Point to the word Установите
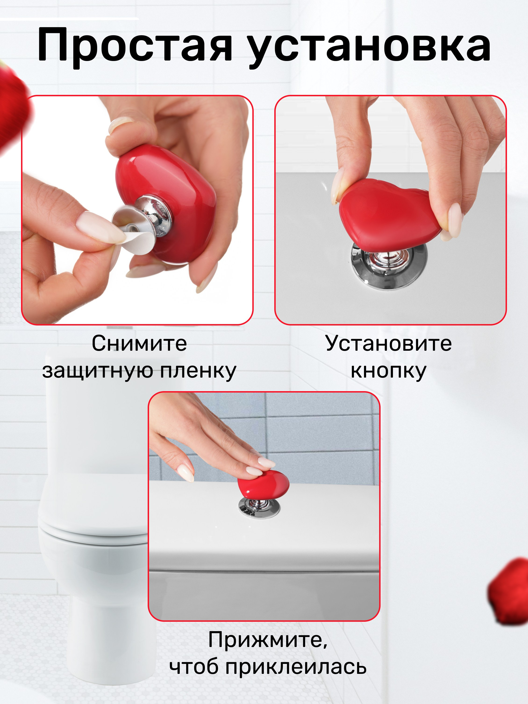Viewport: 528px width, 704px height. coord(388,343)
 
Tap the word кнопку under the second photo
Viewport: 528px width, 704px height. coord(388,371)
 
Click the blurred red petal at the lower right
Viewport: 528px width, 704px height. coord(509,592)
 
